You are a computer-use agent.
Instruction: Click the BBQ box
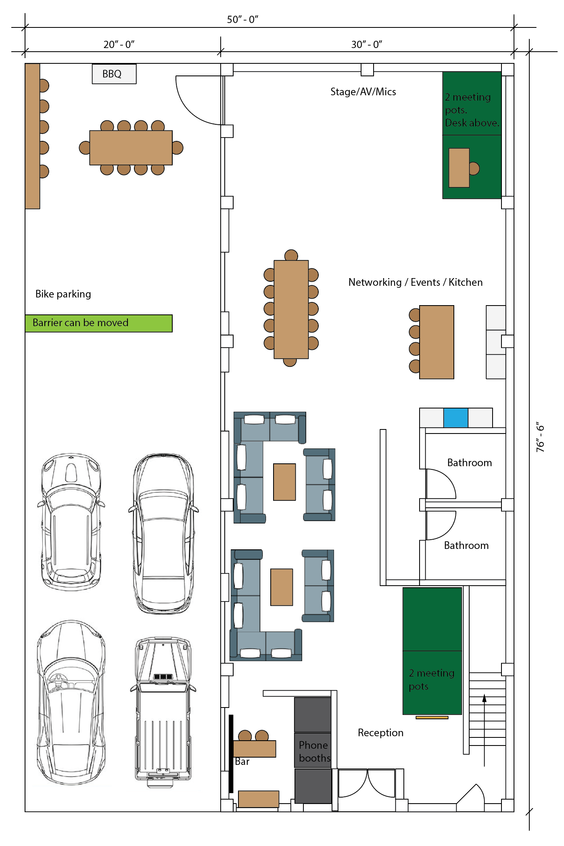114,74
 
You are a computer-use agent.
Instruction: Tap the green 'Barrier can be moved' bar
99,323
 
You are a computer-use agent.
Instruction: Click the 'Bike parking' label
63,294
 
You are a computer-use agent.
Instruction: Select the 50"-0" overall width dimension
242,19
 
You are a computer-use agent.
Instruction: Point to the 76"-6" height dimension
540,437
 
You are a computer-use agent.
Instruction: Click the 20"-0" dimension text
119,44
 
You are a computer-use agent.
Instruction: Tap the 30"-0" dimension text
367,44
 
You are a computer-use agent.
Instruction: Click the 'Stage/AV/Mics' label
363,92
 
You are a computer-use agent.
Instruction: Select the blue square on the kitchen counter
456,418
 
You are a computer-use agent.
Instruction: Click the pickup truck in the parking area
163,712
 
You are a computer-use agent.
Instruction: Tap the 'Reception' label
380,733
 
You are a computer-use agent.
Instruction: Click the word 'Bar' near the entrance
242,762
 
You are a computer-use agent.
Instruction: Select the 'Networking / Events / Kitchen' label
416,282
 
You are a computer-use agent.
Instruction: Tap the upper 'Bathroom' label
470,463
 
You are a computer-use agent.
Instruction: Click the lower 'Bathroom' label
466,545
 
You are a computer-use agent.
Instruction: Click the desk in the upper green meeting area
459,168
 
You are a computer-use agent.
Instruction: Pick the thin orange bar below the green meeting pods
432,717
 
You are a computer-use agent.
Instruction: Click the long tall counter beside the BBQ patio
32,136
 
